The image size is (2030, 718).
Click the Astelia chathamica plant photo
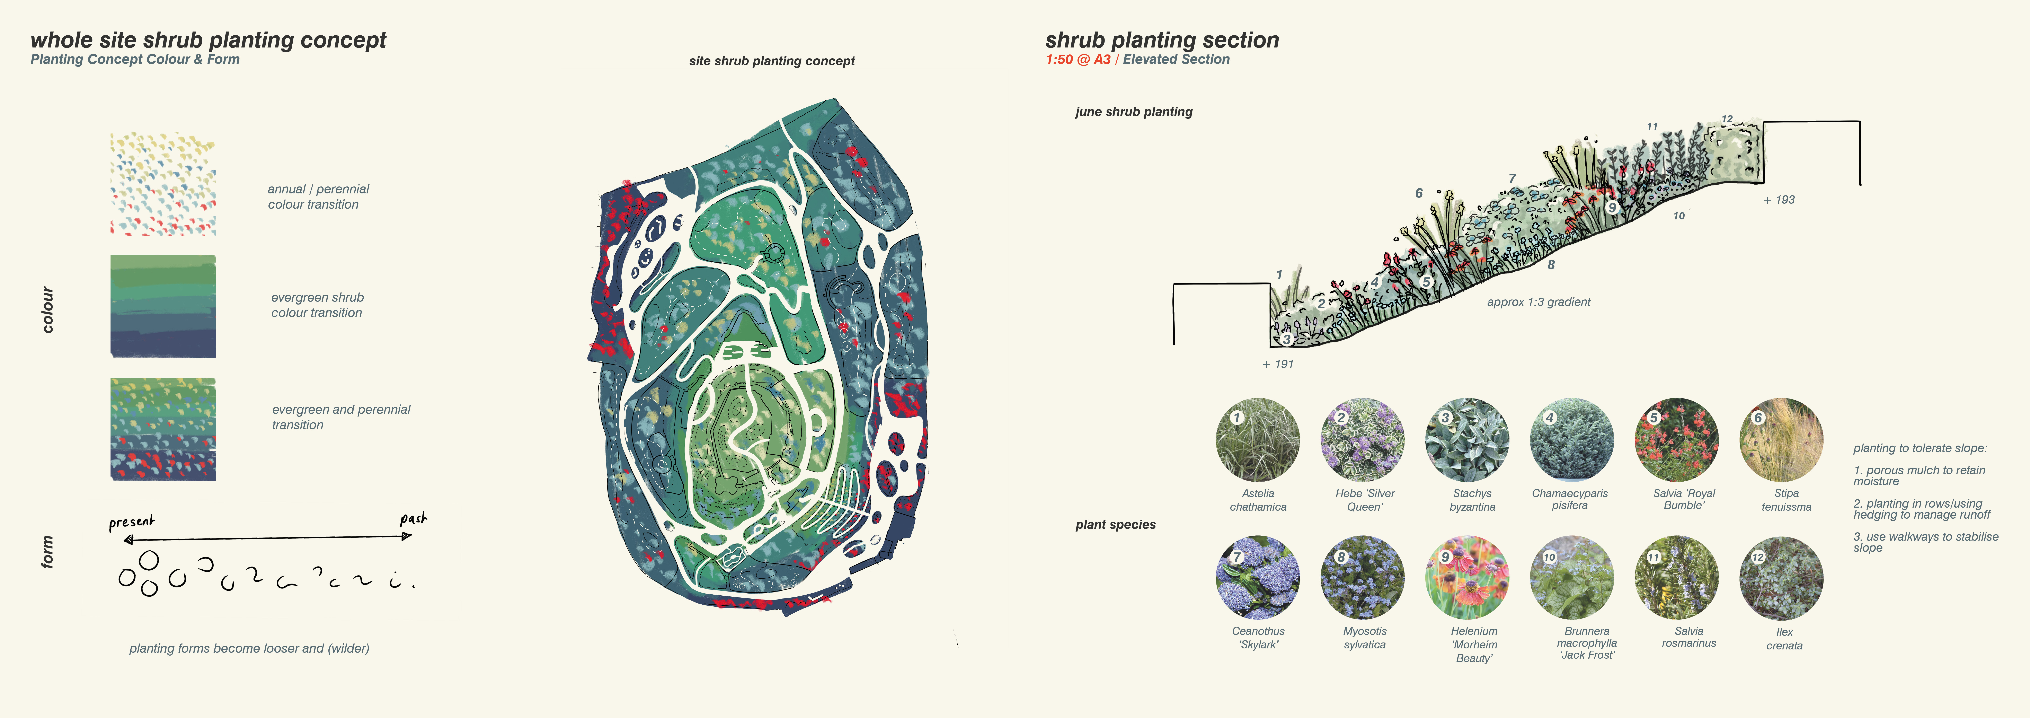point(1258,440)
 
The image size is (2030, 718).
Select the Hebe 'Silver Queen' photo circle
point(1363,440)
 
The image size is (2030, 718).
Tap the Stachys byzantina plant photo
point(1467,440)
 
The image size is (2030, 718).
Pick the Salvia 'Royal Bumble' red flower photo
point(1677,440)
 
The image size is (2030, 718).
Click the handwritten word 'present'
point(132,522)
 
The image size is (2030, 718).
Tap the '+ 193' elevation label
point(1779,200)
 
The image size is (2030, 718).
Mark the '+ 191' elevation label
point(1277,364)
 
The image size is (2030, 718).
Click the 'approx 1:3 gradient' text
point(1538,302)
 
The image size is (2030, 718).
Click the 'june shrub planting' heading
point(1134,112)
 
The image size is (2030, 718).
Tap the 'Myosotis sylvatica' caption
point(1365,638)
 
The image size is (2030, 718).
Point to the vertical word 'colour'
point(48,310)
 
